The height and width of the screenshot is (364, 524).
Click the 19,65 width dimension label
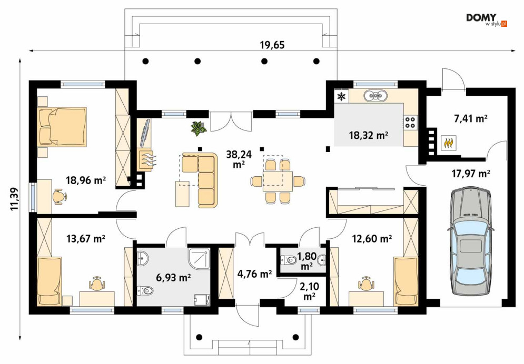[x=272, y=45]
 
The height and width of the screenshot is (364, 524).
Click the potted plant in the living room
[x=199, y=128]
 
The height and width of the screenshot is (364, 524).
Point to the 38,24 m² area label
[x=239, y=159]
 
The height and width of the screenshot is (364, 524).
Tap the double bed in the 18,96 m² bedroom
[x=63, y=126]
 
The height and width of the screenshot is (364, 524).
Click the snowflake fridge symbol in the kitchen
[x=342, y=96]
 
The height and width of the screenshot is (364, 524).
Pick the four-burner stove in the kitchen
[x=410, y=122]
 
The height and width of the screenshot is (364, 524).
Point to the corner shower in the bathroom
[x=200, y=257]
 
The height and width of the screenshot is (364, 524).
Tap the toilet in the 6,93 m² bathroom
[x=145, y=290]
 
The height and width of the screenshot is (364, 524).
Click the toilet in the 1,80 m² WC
[x=289, y=259]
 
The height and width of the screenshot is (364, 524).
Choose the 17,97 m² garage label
[x=471, y=174]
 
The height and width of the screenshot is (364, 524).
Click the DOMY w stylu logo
[x=487, y=20]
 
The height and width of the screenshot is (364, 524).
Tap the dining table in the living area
[x=278, y=181]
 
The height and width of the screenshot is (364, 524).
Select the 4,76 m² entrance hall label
[x=255, y=274]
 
